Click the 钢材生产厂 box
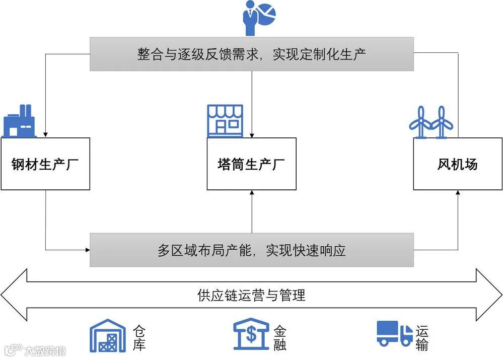pyautogui.click(x=45, y=164)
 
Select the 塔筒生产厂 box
pyautogui.click(x=251, y=164)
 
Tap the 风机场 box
pyautogui.click(x=457, y=164)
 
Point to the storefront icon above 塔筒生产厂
pyautogui.click(x=225, y=121)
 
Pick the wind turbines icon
pyautogui.click(x=431, y=122)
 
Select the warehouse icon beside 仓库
pyautogui.click(x=107, y=336)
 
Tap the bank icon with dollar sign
pyautogui.click(x=251, y=335)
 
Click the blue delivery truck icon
pyautogui.click(x=394, y=334)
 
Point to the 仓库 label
pyautogui.click(x=139, y=337)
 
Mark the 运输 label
pyautogui.click(x=422, y=337)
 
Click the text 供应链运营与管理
pyautogui.click(x=251, y=295)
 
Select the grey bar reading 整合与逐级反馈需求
pyautogui.click(x=251, y=54)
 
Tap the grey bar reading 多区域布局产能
pyautogui.click(x=251, y=250)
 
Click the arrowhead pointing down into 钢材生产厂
pyautogui.click(x=45, y=135)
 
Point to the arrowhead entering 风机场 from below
pyautogui.click(x=458, y=193)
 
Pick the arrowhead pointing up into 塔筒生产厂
pyautogui.click(x=251, y=193)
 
